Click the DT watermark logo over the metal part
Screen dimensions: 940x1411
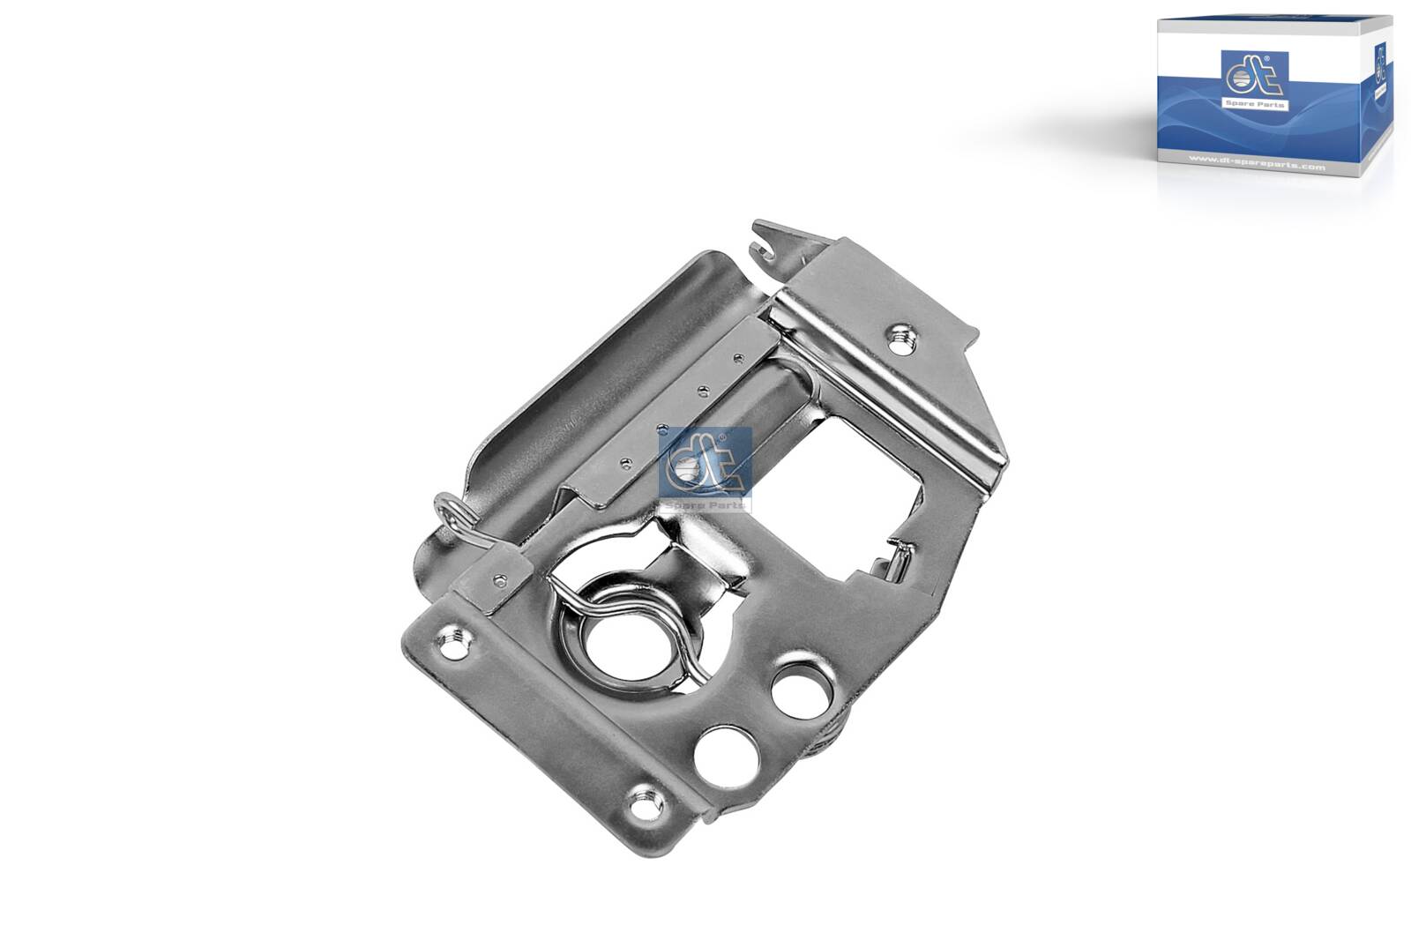pos(704,465)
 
